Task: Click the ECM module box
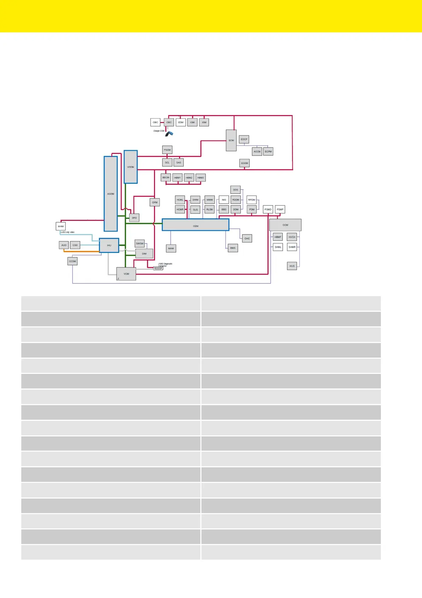tap(231, 140)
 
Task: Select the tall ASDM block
tap(111, 194)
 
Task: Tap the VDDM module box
tap(131, 167)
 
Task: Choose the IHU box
tap(109, 245)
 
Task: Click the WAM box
tap(61, 226)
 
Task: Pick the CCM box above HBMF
tap(285, 225)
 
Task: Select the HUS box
tap(292, 266)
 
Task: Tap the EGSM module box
tap(244, 163)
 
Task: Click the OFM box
tap(155, 202)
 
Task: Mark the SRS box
tap(134, 218)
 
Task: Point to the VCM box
tap(126, 274)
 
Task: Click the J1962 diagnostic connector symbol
tap(158, 268)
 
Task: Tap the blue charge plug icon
tap(170, 134)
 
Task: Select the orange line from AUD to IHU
tap(82, 251)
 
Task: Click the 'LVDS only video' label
tap(67, 232)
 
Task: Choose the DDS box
tap(235, 190)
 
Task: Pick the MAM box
tap(171, 248)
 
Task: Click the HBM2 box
tap(189, 178)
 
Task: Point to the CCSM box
tap(72, 261)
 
